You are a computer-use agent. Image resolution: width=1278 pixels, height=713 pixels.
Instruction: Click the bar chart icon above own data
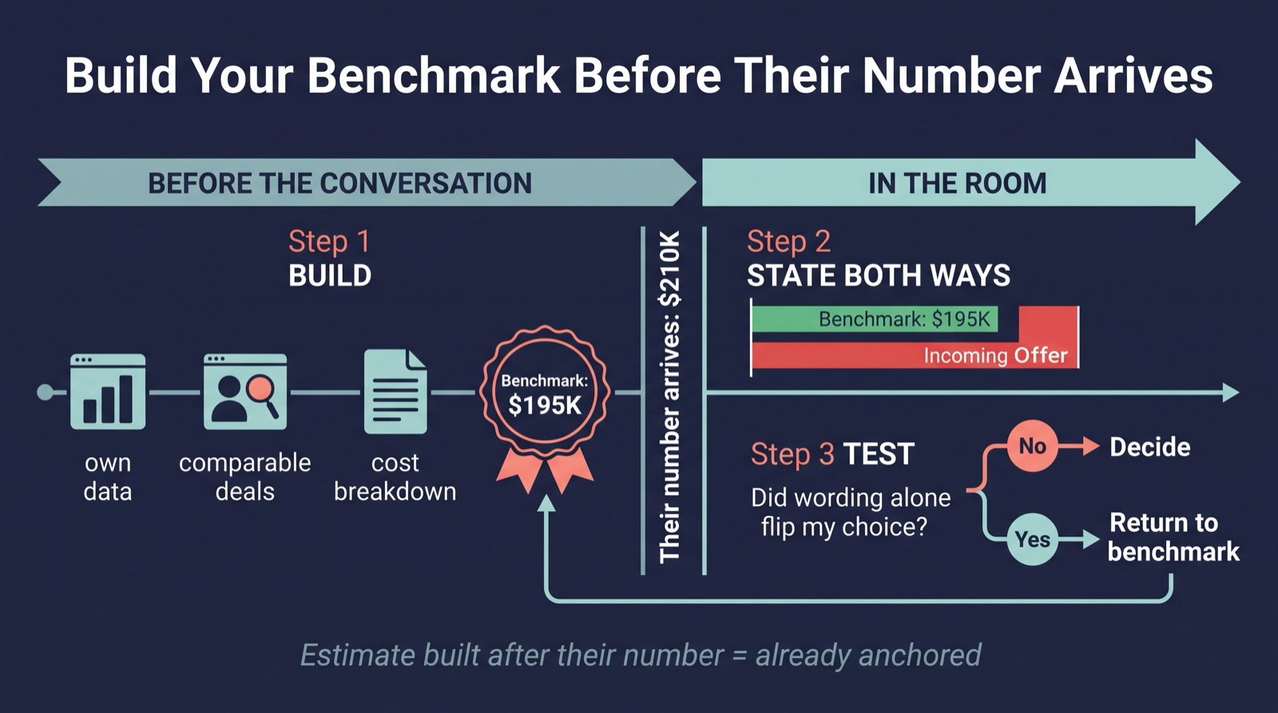pos(108,391)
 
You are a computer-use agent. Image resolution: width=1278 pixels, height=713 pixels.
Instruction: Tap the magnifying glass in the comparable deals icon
pos(263,395)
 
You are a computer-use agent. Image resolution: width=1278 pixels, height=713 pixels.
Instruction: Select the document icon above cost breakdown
pos(395,391)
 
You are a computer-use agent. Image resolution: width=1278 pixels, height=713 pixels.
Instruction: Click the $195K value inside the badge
pos(545,406)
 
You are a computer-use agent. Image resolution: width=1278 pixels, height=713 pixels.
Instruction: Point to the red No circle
pos(1033,446)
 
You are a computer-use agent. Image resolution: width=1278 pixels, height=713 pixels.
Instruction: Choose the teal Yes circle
pos(1033,539)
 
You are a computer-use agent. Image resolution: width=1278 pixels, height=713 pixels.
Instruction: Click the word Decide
pos(1150,446)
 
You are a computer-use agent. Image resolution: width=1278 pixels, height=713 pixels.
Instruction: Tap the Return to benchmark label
pos(1173,537)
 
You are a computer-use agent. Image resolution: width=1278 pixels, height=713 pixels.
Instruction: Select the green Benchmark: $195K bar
pos(875,319)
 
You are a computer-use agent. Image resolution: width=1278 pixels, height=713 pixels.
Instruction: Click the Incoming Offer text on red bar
pos(995,356)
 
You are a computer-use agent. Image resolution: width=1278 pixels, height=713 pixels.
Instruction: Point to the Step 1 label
pos(329,241)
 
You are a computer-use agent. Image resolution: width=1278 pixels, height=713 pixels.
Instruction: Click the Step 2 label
pos(788,241)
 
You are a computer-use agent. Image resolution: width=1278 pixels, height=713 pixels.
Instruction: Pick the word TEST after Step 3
pos(879,454)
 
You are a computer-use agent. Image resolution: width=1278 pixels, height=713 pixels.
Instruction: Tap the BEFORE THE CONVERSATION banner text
pos(340,183)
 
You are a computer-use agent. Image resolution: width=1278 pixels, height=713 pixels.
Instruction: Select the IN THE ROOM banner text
pos(958,183)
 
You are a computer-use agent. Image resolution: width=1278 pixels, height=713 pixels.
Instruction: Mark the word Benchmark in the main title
pos(435,75)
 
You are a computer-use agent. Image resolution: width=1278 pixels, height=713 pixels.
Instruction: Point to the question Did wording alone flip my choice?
pos(851,513)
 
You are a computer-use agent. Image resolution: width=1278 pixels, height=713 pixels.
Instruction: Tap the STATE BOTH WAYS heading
pos(879,275)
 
